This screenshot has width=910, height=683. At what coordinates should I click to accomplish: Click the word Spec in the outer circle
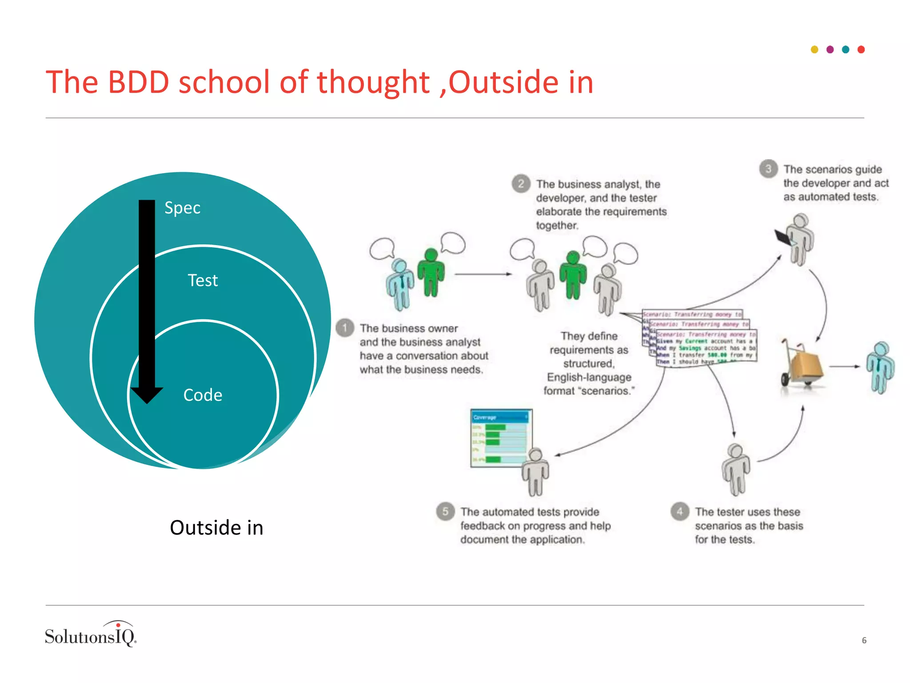(x=182, y=208)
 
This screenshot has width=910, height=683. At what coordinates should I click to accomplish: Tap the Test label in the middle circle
(x=203, y=281)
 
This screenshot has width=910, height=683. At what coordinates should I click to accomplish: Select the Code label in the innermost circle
(x=203, y=395)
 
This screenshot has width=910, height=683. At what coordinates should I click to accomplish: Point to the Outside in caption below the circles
(x=216, y=528)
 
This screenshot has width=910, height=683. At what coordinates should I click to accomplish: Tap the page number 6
(x=864, y=640)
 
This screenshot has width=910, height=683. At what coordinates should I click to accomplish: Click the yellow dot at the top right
(x=814, y=49)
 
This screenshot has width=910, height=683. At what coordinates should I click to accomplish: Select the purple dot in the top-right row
(x=830, y=49)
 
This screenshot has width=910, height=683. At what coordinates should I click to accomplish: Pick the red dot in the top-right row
(x=861, y=49)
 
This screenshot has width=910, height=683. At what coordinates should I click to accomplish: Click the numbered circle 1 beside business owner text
(x=345, y=328)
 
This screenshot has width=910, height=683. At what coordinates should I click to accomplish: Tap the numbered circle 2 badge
(x=521, y=184)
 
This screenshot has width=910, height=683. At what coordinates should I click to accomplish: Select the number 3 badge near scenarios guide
(x=768, y=169)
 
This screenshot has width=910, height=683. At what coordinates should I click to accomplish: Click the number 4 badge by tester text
(x=679, y=511)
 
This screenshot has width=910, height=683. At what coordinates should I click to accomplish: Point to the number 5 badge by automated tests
(x=445, y=511)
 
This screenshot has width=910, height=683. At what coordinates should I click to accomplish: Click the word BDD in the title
(x=138, y=82)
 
